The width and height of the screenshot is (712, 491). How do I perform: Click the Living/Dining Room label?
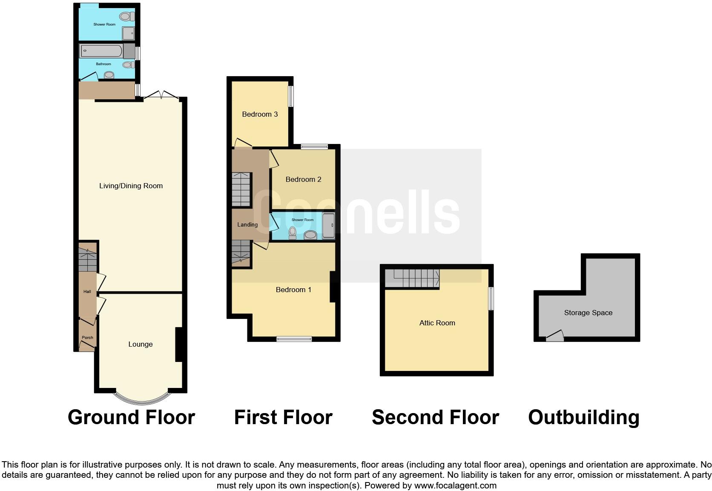(x=131, y=186)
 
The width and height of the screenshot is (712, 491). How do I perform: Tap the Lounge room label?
(x=141, y=344)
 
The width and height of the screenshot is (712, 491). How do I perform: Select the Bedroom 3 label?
(x=260, y=114)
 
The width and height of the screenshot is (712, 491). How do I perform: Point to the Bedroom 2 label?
(x=303, y=179)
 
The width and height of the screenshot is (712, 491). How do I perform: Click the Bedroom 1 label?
(x=293, y=290)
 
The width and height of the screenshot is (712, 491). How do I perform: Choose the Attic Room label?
(x=437, y=323)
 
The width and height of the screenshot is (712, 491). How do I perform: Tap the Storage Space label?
(x=588, y=313)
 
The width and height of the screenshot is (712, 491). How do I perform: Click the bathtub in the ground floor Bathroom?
(x=101, y=51)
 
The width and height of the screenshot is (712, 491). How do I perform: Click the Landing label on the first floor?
(x=247, y=224)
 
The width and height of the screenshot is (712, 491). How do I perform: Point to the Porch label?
(x=87, y=338)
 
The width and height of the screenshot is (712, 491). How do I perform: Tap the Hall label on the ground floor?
(x=87, y=292)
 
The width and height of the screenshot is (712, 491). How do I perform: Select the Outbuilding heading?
(x=583, y=417)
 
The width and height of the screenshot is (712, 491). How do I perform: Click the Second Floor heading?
(x=435, y=417)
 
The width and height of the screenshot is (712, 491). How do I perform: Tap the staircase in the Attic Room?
(x=412, y=278)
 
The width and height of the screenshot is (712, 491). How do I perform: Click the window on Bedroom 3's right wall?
(x=291, y=97)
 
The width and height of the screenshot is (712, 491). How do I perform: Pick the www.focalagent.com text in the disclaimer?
(x=455, y=485)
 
